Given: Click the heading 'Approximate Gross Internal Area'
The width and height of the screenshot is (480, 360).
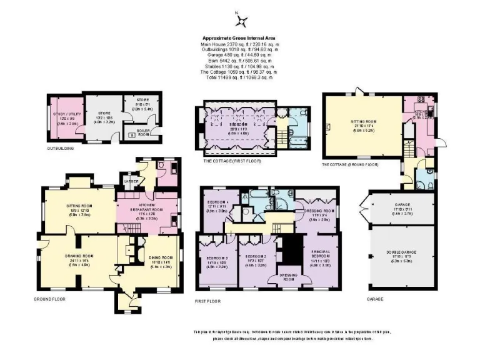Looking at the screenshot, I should tap(241, 37).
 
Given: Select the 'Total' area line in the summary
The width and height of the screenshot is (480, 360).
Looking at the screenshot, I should tap(241, 77).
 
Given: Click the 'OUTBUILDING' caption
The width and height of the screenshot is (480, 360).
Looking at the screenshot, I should tap(61, 149).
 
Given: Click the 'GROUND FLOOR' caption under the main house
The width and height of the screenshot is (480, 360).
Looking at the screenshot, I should tap(49, 299).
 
